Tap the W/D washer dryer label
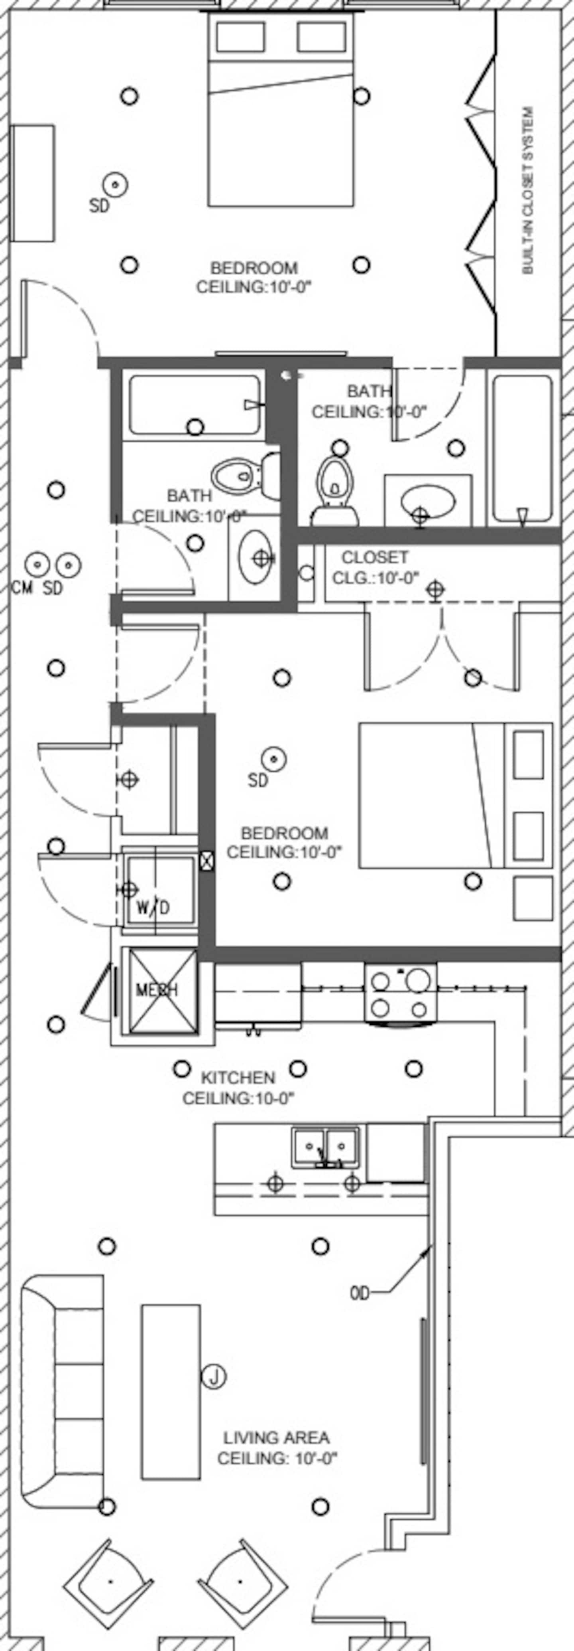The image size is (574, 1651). pos(154,908)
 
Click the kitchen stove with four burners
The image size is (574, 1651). pos(400,992)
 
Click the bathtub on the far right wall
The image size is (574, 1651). pos(522,448)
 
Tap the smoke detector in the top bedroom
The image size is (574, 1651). pos(115,185)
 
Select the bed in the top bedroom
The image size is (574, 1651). pos(281,109)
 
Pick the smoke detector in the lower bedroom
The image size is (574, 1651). pos(273,759)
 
